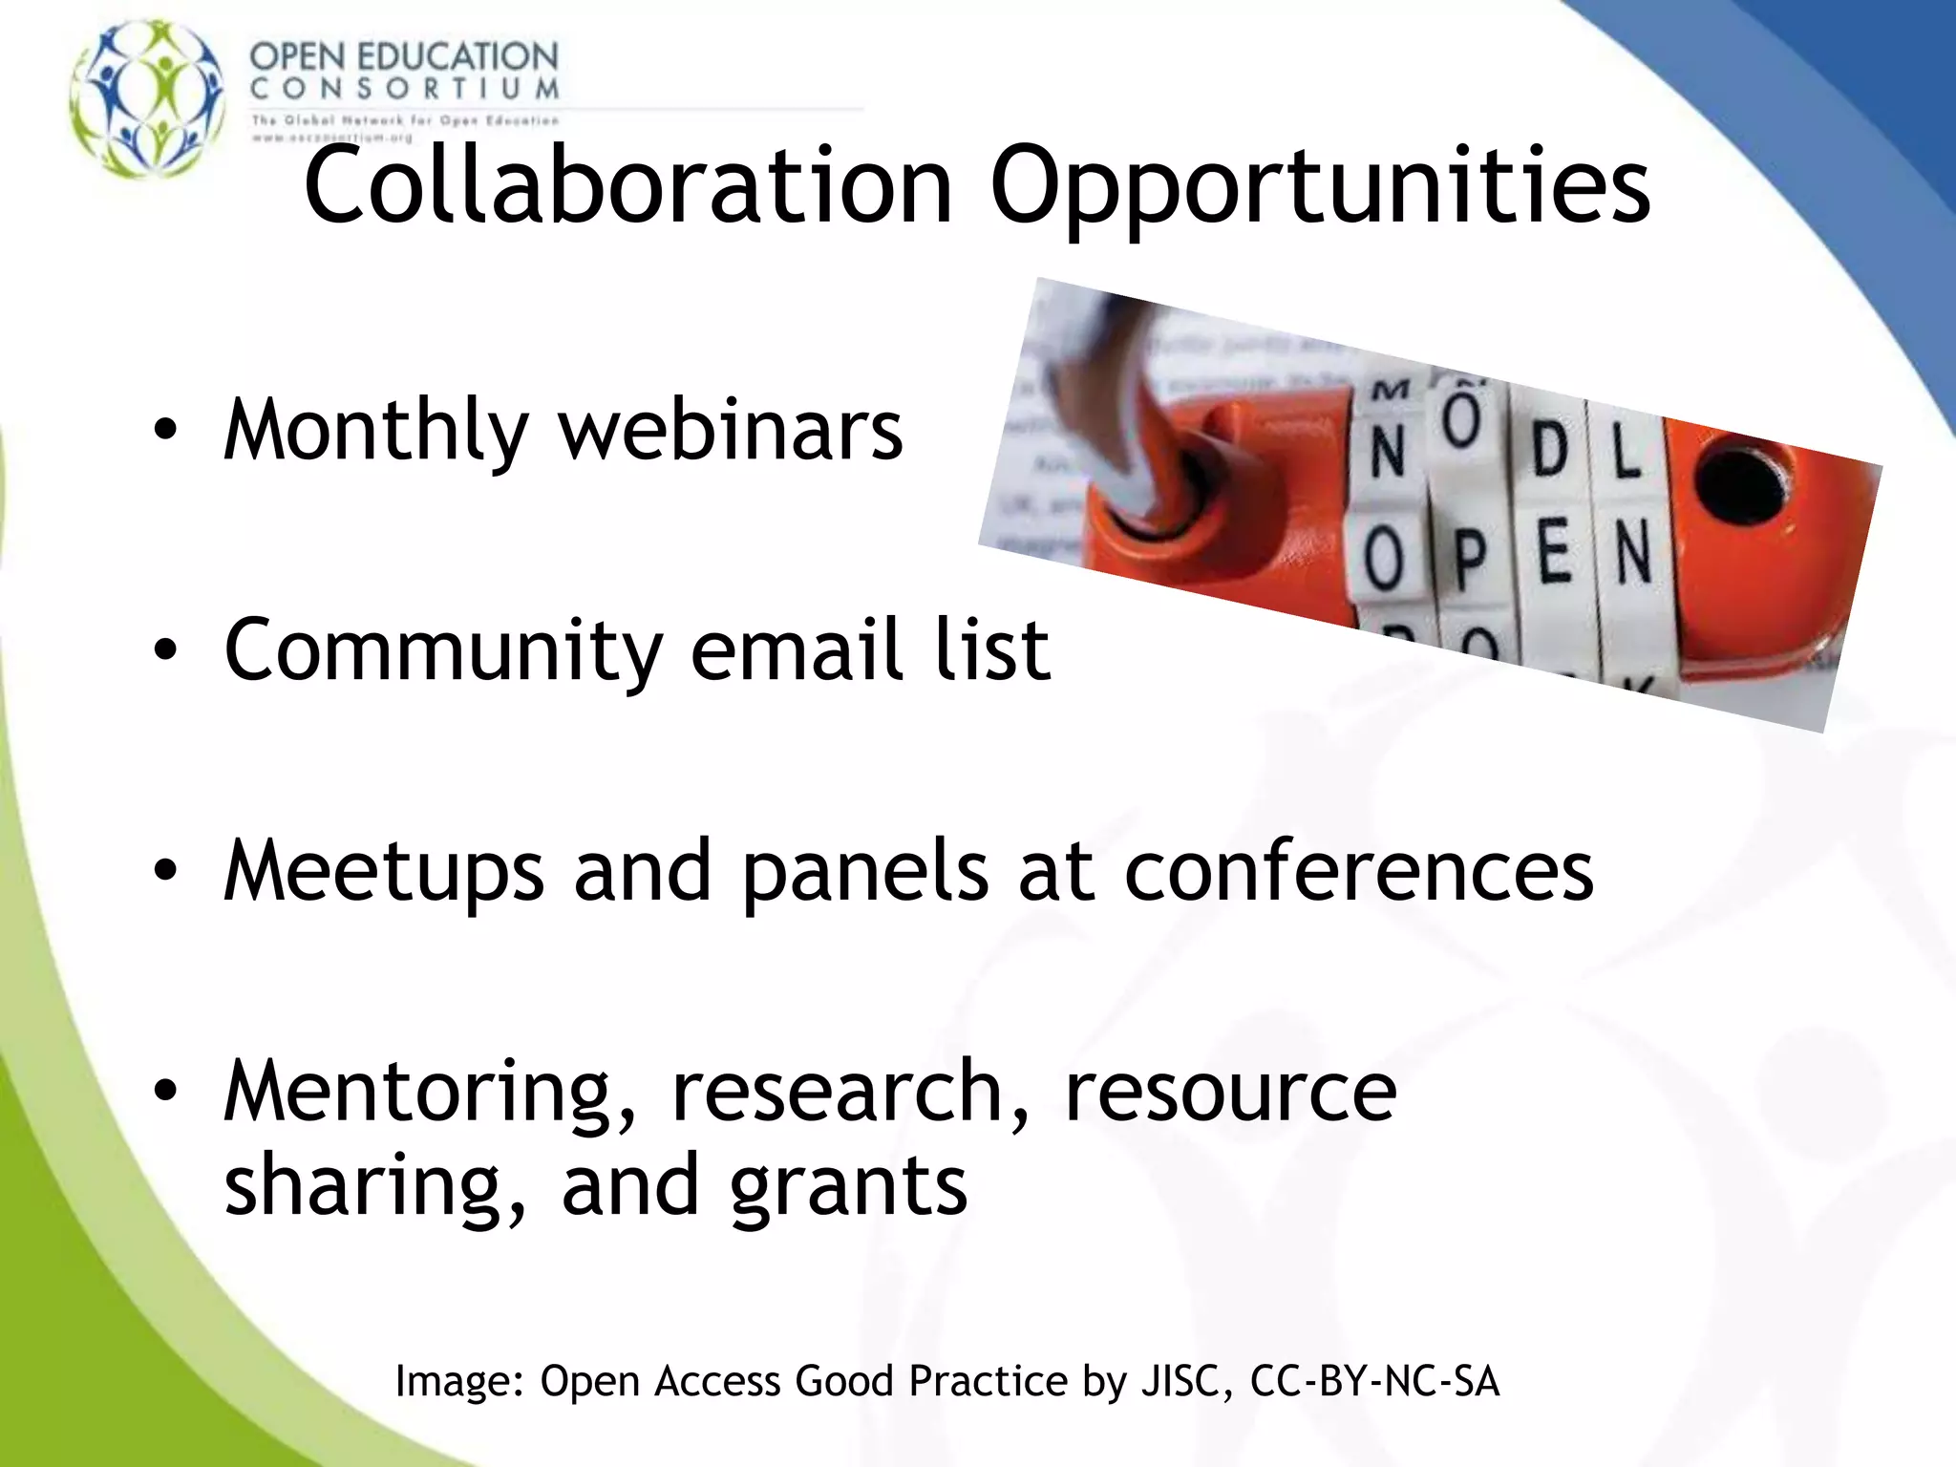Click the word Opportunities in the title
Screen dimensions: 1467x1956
point(1320,189)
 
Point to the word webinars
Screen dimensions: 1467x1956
point(731,430)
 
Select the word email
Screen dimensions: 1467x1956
point(797,649)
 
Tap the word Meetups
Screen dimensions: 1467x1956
point(384,870)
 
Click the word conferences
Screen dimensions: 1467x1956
point(1359,870)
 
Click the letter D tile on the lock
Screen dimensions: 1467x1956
point(1548,451)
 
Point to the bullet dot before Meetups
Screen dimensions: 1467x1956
point(165,872)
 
